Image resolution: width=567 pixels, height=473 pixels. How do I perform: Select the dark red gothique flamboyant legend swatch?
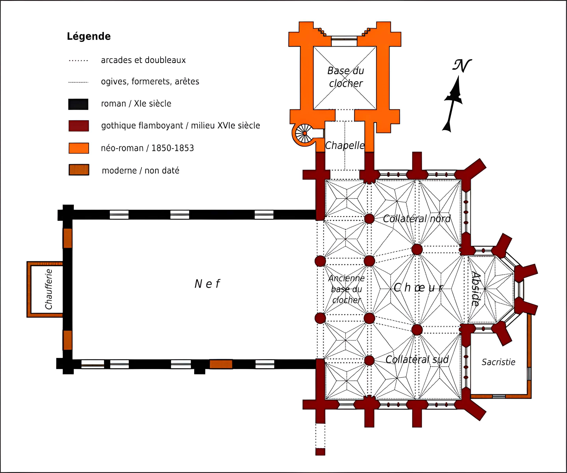[79, 126]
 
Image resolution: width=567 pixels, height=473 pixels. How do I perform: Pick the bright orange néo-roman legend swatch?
[79, 148]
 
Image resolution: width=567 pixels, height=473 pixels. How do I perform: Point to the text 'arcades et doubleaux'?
[143, 60]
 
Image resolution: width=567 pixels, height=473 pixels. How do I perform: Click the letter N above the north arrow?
[462, 66]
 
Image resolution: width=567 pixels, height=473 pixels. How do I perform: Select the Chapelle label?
[345, 145]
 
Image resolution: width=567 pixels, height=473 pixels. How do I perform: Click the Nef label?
[207, 284]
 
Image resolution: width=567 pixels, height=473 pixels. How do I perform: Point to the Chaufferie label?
[49, 289]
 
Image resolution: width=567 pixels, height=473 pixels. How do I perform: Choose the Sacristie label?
[498, 362]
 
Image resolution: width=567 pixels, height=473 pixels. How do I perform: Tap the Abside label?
[476, 289]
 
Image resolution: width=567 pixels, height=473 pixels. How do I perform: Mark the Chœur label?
[418, 288]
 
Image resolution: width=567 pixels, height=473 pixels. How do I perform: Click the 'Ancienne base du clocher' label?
[346, 289]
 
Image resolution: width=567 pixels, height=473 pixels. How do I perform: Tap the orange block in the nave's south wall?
[221, 364]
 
